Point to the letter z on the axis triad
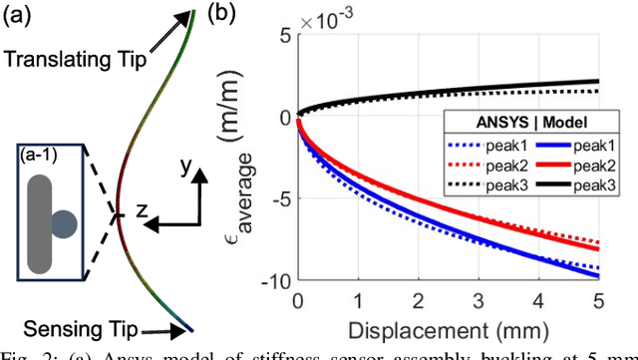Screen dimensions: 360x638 [143, 210]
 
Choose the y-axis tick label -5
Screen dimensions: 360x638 [278, 199]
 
